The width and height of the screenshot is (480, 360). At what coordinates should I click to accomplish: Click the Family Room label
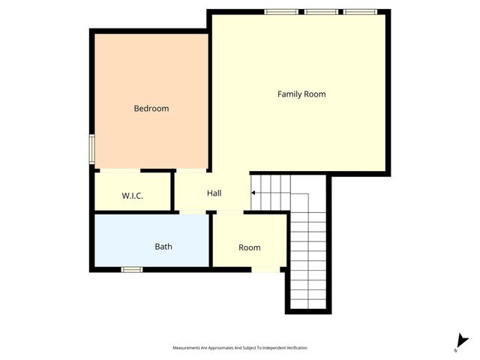point(301,94)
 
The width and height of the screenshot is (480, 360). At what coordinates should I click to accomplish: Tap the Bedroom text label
point(151,109)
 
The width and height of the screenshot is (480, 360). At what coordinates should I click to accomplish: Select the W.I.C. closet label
point(133,196)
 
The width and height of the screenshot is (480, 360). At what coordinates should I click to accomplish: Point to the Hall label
point(214,193)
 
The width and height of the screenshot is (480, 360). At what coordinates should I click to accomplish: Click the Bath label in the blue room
point(163,247)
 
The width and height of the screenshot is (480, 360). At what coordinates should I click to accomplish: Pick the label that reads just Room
point(249,248)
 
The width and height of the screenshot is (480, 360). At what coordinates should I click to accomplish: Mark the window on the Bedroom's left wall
point(91,148)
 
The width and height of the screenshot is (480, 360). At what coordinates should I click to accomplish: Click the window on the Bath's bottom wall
point(132,269)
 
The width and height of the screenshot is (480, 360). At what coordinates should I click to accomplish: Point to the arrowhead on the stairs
point(253,193)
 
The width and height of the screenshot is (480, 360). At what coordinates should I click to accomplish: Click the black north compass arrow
point(463,339)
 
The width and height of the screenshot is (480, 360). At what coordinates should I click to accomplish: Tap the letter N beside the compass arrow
point(456,349)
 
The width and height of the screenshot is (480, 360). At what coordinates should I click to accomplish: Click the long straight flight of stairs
point(309,255)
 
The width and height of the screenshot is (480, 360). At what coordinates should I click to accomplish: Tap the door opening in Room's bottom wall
point(266,269)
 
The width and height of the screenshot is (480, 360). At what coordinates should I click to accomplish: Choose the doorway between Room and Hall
point(229,213)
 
